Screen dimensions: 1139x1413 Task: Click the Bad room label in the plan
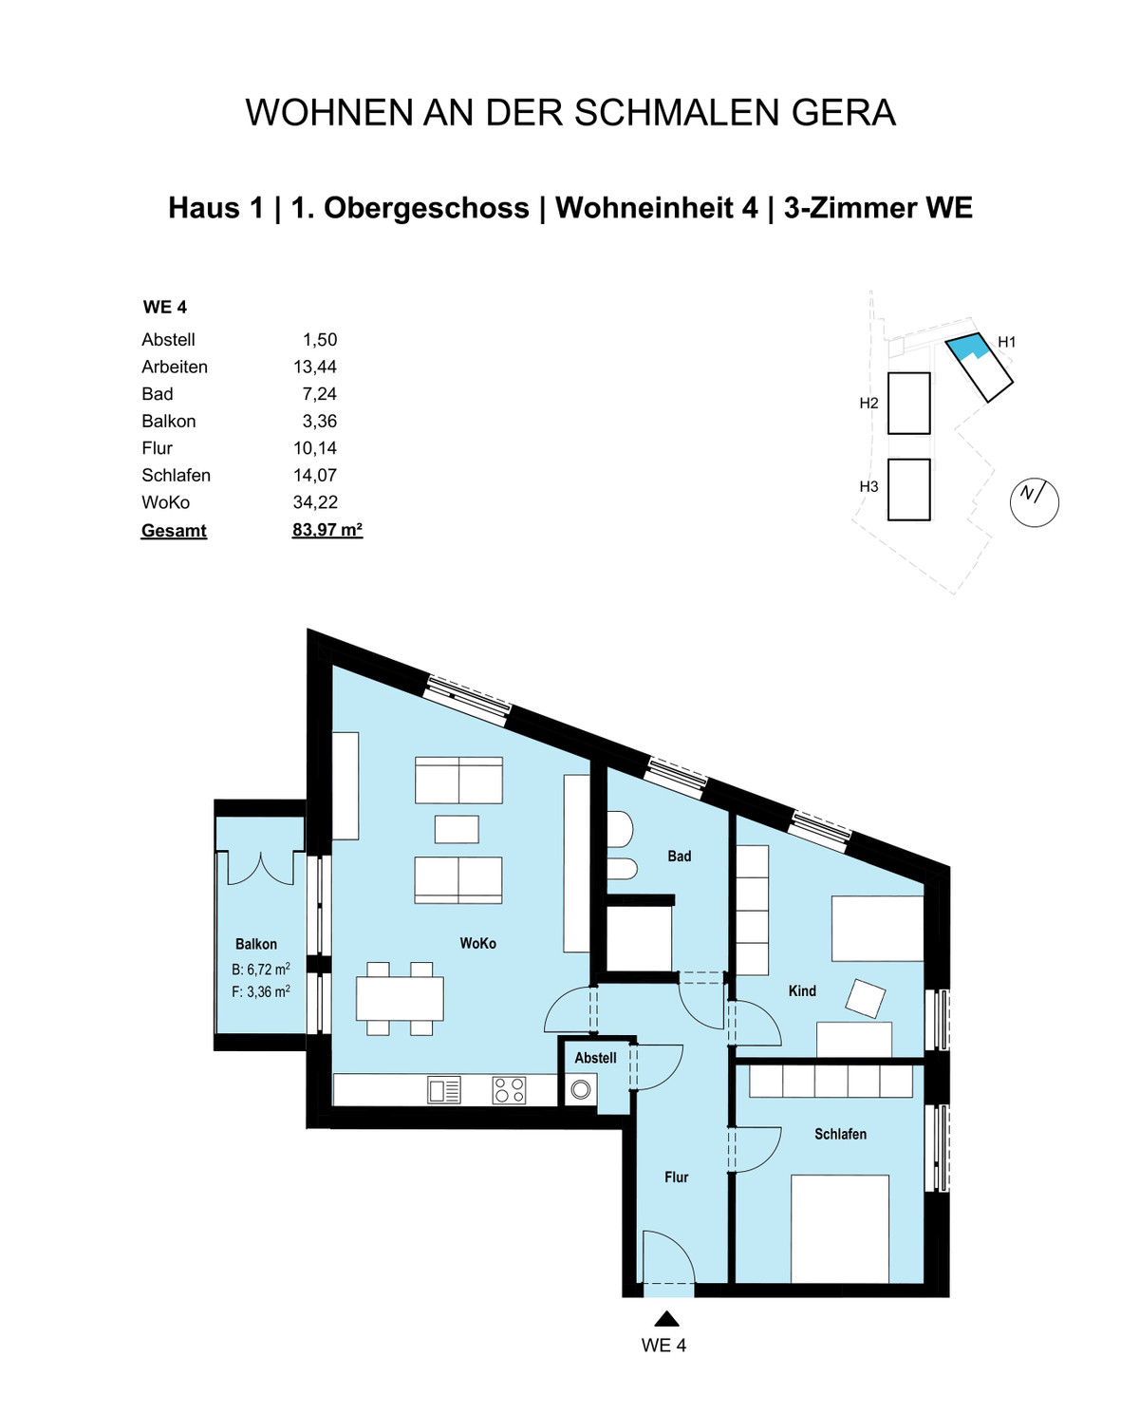pos(680,857)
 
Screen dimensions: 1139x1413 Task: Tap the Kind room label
pos(802,990)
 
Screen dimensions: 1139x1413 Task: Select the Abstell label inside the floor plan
pos(595,1058)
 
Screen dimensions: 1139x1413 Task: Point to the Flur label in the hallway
pos(676,1177)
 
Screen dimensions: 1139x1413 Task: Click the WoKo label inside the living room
pos(478,944)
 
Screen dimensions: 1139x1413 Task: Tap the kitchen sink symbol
pos(444,1090)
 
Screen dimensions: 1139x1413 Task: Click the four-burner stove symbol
pos(510,1090)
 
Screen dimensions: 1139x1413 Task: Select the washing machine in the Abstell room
pos(580,1090)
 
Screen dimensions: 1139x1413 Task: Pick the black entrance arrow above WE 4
pos(666,1318)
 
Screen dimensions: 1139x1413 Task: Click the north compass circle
pos(1034,502)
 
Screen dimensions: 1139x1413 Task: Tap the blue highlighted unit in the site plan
pos(967,345)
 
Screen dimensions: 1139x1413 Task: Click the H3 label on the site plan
pos(868,486)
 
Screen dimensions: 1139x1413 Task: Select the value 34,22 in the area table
pos(315,502)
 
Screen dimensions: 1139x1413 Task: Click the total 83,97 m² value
pos(327,529)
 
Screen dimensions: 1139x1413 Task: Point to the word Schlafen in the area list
pos(176,476)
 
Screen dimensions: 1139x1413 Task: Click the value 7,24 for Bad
pos(320,394)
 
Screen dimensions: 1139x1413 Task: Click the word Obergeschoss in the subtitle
pos(427,208)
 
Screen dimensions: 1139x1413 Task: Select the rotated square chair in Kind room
pos(866,998)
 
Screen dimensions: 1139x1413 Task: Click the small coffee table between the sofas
pos(457,829)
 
